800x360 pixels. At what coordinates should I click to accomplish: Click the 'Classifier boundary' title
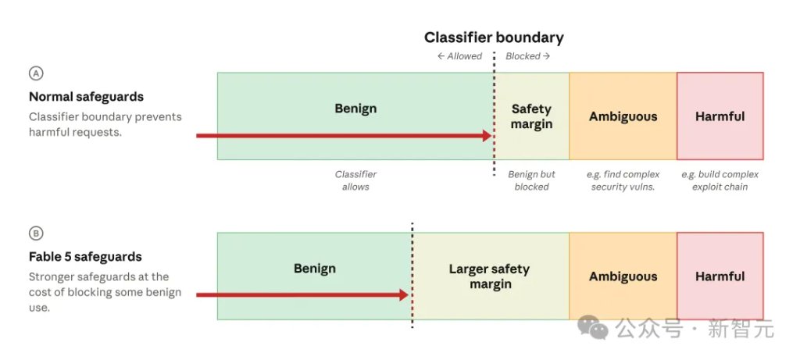coord(494,37)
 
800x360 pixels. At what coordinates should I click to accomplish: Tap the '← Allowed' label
coord(459,56)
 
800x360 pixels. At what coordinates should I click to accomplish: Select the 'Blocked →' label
coord(527,56)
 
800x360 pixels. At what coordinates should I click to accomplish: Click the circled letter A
coord(36,73)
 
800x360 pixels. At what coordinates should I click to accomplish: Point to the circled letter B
coord(36,233)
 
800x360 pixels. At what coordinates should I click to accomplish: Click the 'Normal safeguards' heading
coord(86,97)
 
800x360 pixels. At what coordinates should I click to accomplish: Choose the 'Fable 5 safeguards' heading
coord(85,257)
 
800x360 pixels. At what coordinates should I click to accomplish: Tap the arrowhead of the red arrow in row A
coord(487,136)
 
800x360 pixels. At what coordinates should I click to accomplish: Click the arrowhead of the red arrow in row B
coord(404,294)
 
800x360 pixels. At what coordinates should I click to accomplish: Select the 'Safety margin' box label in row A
coord(531,116)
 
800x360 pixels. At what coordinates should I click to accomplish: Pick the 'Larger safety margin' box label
coord(489,276)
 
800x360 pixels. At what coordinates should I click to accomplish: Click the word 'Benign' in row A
coord(355,109)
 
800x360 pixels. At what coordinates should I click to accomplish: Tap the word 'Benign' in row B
coord(315,269)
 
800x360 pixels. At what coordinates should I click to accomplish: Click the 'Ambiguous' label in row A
coord(623,117)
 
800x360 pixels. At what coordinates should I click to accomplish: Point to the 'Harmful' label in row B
coord(720,276)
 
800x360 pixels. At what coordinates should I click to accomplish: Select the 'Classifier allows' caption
coord(355,180)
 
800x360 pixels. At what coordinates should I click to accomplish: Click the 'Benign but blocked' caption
coord(531,180)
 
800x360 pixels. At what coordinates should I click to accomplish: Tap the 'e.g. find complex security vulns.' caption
coord(623,180)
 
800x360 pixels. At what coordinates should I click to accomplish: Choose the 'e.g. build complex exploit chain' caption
coord(720,180)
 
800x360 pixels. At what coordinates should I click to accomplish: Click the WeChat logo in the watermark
coord(593,327)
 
